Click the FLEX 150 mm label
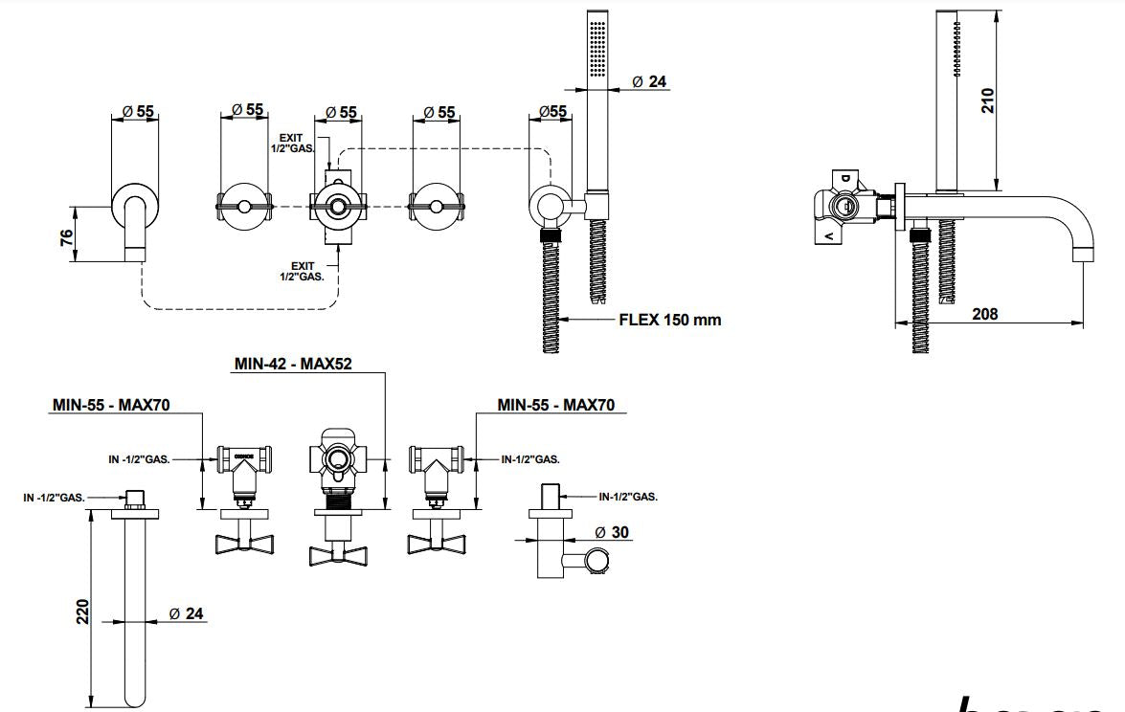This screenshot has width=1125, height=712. pos(669,320)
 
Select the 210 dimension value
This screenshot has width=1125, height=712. pos(989,100)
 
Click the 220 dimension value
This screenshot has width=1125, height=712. pos(83,611)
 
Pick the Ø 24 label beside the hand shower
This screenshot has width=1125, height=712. pos(649,82)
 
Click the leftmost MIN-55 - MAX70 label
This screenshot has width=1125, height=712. pos(110,406)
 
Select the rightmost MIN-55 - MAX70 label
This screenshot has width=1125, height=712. pos(556,406)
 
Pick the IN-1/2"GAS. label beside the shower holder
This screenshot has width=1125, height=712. pos(627,497)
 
